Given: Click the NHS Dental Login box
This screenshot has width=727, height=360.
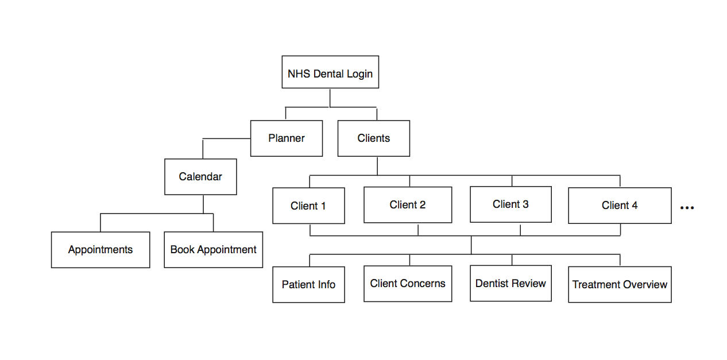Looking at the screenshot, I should (x=330, y=72).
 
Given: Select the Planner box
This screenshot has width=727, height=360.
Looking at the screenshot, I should (x=287, y=138).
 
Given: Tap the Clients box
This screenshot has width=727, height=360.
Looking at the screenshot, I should (x=374, y=138).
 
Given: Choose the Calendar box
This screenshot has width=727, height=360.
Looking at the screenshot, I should (x=200, y=177).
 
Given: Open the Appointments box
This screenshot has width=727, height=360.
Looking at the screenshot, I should (x=100, y=250).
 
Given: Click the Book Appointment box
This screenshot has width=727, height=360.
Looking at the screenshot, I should (x=214, y=250).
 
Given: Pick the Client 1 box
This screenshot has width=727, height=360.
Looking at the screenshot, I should (x=308, y=206).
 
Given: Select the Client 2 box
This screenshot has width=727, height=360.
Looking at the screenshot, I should (x=408, y=205).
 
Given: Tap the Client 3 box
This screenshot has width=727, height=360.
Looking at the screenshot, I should (x=511, y=204).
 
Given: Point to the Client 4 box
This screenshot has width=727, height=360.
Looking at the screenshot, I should (x=620, y=206).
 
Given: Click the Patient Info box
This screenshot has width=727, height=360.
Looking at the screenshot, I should (x=308, y=285).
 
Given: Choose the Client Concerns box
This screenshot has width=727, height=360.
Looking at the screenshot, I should (x=408, y=284).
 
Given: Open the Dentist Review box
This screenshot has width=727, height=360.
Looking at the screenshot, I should (x=511, y=283).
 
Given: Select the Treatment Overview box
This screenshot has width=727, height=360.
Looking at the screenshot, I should (x=620, y=285).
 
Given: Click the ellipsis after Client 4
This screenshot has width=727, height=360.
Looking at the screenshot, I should (x=687, y=208).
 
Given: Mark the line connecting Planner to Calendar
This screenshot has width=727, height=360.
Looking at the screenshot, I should (x=226, y=139).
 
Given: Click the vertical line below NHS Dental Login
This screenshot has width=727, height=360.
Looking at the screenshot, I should (x=330, y=98).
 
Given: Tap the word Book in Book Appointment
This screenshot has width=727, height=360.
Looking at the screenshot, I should (x=182, y=250).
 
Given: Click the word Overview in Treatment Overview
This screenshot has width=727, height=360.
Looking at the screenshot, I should (x=644, y=285).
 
